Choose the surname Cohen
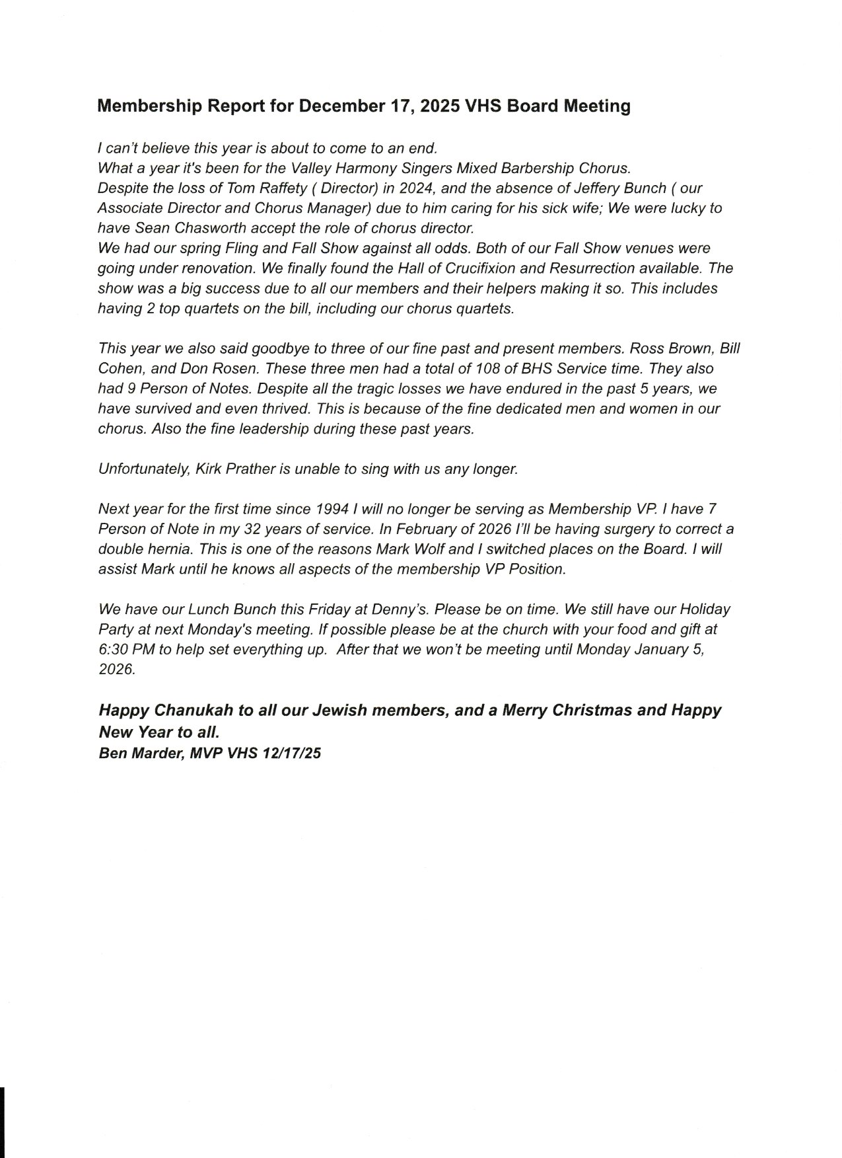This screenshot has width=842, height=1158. (119, 368)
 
